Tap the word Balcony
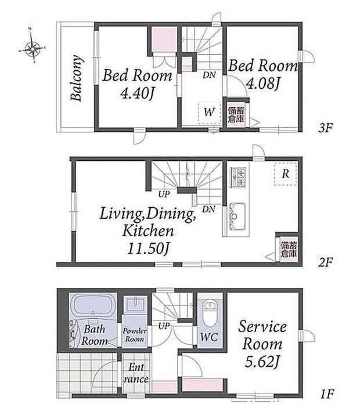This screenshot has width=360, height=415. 77,78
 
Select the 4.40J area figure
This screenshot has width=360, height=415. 137,93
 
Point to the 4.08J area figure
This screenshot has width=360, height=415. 263,84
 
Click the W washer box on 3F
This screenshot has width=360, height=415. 210,112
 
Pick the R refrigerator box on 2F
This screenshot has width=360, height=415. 285,174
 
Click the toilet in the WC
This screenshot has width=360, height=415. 210,313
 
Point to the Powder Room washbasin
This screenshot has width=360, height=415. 135,306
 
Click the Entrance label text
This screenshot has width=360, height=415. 136,373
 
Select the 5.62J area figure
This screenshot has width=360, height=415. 262,362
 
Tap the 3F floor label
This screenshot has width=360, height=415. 325,128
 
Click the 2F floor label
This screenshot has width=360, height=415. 325,262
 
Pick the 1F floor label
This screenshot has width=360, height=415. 327,394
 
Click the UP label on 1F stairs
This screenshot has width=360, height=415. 164,326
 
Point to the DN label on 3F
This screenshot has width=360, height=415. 209,75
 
